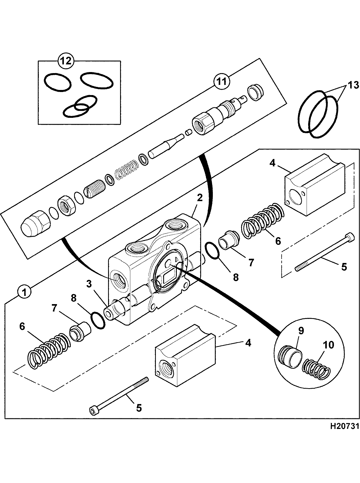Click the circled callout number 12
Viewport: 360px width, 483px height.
pyautogui.click(x=66, y=61)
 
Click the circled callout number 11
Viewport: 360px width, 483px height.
pyautogui.click(x=222, y=82)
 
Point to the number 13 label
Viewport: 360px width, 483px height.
pyautogui.click(x=353, y=85)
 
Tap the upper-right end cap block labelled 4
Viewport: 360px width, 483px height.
pyautogui.click(x=315, y=185)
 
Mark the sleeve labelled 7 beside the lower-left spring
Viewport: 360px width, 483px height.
pyautogui.click(x=80, y=331)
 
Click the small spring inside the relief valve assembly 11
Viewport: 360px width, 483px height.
pyautogui.click(x=127, y=169)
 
